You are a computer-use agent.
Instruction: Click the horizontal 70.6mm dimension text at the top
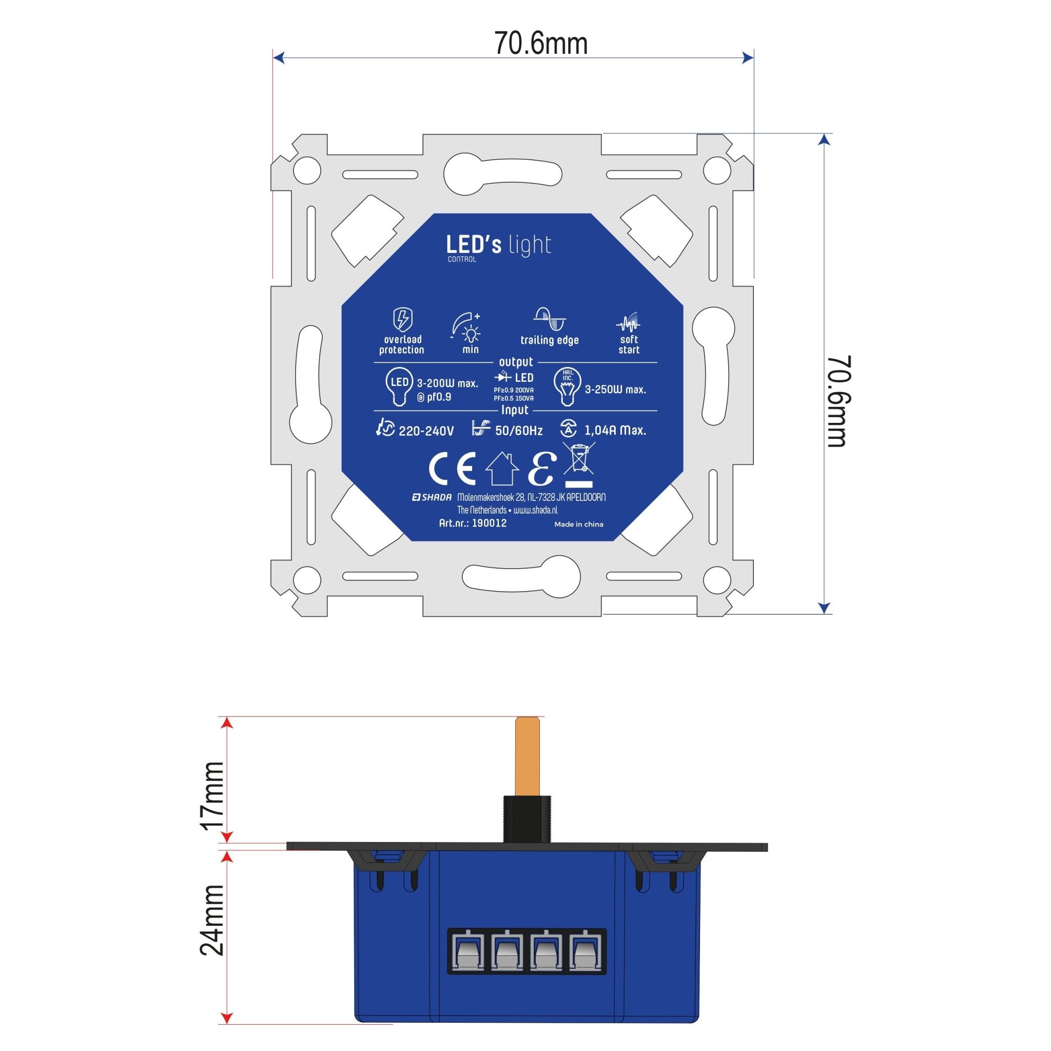pos(541,44)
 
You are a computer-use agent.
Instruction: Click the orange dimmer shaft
pos(527,755)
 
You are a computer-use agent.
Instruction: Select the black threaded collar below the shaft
pos(527,818)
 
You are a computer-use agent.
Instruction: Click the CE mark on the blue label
pos(452,469)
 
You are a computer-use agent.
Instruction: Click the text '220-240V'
pos(426,432)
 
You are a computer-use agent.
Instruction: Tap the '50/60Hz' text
pos(518,432)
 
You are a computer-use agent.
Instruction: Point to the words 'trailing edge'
pos(550,341)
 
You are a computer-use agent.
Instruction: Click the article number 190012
pos(489,523)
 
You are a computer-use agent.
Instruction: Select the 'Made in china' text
pos(579,524)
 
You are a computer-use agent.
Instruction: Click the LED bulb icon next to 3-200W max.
pos(399,386)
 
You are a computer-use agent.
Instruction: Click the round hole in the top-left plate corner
pos(307,171)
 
